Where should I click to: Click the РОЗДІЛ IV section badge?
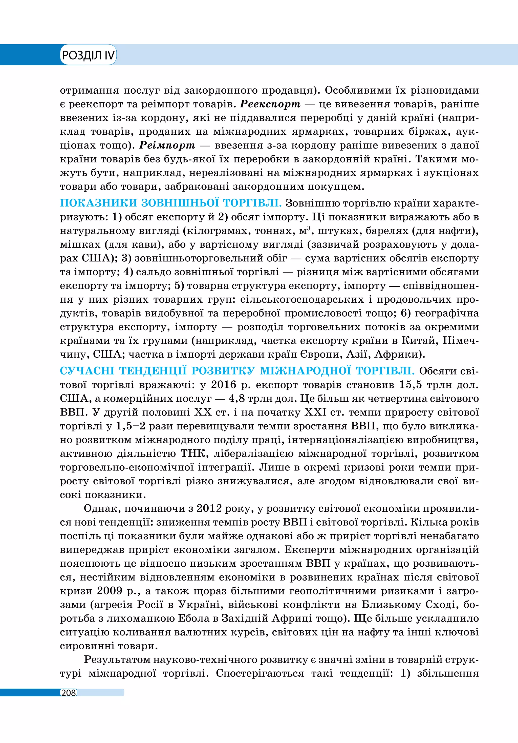88,55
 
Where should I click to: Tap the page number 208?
69,693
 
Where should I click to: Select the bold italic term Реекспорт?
270,104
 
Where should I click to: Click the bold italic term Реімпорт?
167,145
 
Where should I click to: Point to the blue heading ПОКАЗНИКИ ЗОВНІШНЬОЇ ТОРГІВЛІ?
171,203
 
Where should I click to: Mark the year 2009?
110,591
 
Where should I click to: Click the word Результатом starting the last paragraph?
116,659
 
